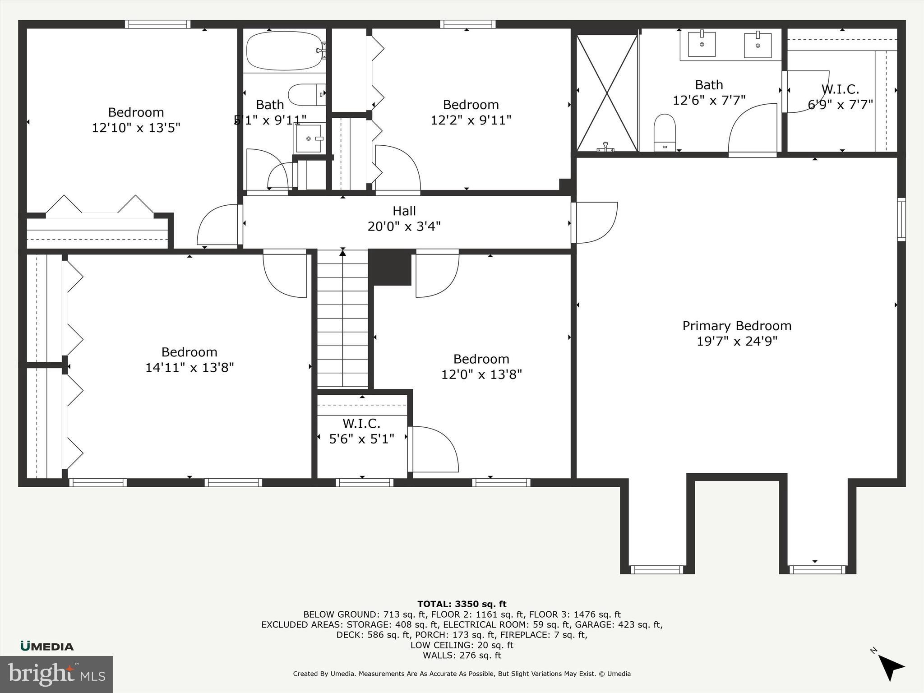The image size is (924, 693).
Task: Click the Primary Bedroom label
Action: click(736, 326)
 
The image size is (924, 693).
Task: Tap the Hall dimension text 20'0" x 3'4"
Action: click(404, 226)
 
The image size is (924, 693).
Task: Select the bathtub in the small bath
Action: click(284, 51)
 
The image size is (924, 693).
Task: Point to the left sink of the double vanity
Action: click(702, 44)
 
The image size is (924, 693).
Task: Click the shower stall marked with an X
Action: click(607, 92)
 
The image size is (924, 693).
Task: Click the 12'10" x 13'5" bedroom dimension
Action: click(136, 128)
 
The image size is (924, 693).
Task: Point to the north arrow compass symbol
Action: click(890, 667)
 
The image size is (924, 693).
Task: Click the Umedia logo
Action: click(47, 646)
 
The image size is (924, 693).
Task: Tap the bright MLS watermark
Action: click(56, 674)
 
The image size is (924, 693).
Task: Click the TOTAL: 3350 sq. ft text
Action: click(462, 604)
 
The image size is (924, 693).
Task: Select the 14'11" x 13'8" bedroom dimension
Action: click(189, 367)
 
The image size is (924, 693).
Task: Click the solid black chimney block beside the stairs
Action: click(390, 268)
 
